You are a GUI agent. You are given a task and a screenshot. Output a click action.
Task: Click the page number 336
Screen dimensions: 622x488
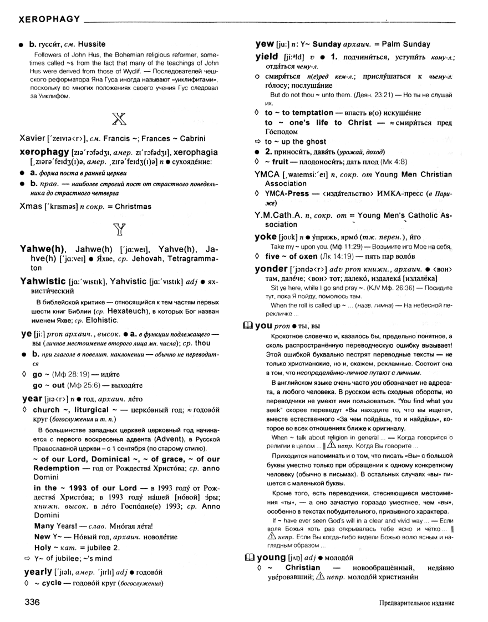coord(33,602)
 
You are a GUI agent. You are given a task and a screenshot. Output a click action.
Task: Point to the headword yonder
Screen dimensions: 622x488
coord(272,268)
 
